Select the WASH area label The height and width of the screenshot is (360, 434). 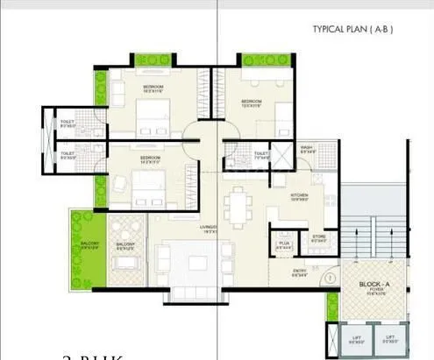(x=308, y=149)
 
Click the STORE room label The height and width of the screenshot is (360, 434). (x=318, y=238)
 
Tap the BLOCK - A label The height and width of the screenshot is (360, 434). (x=374, y=287)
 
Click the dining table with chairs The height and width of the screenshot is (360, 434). (x=234, y=207)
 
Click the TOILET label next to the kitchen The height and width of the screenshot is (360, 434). (x=261, y=156)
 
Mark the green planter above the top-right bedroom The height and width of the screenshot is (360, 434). (x=264, y=60)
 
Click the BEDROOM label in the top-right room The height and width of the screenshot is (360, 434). (x=252, y=102)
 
